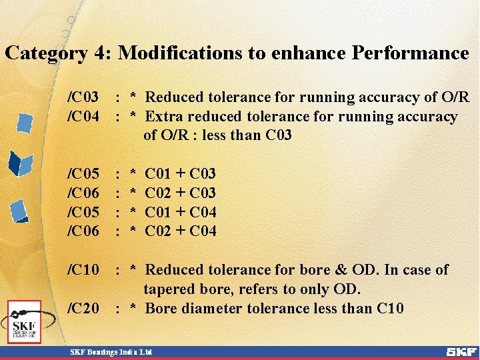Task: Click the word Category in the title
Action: (x=46, y=53)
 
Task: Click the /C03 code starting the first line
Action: (x=84, y=97)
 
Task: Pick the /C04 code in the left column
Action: (x=84, y=117)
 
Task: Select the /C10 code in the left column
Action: (x=84, y=270)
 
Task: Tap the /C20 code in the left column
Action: (x=84, y=309)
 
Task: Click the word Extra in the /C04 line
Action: (x=163, y=117)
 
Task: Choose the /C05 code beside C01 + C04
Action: (x=84, y=213)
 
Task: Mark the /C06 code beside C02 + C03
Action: (x=84, y=193)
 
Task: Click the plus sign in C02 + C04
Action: (x=180, y=231)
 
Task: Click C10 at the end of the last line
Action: (x=390, y=309)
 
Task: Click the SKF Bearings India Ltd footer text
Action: (x=111, y=351)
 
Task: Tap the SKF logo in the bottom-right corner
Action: (x=461, y=351)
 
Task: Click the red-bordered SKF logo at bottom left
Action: (x=25, y=322)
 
